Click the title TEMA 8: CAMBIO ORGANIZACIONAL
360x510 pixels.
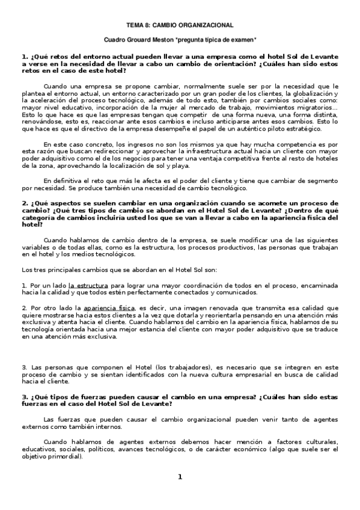click(179, 25)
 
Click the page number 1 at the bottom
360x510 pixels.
click(179, 477)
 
